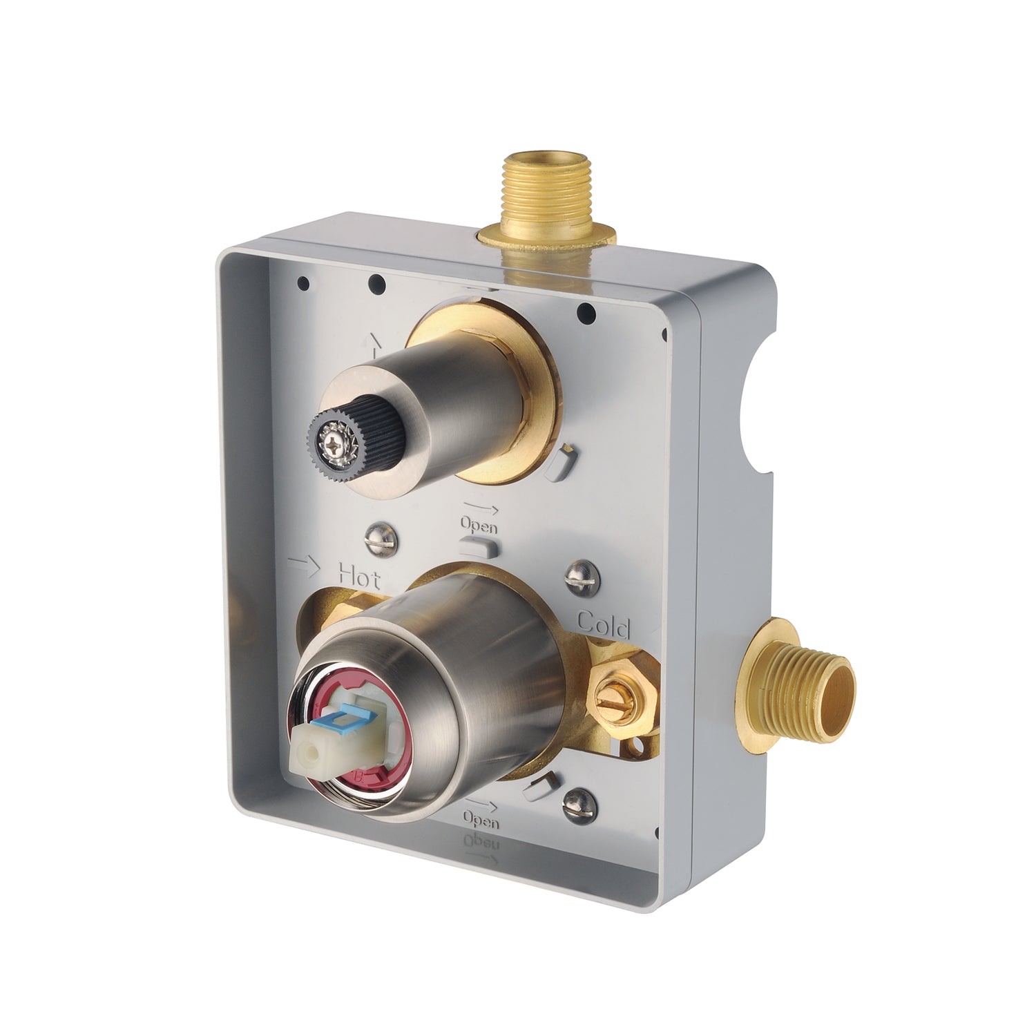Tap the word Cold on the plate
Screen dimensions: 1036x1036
click(x=604, y=624)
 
